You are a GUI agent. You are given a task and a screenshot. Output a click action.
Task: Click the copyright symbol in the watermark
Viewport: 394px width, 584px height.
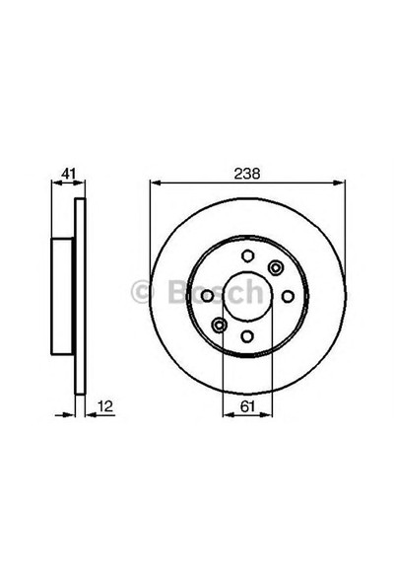[140, 292]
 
